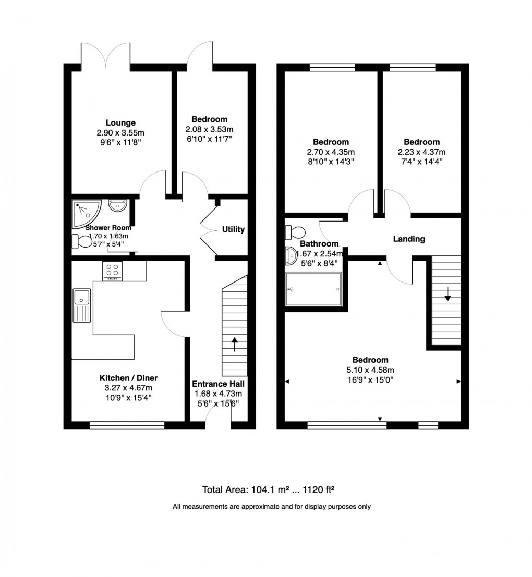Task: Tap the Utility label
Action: coord(233,229)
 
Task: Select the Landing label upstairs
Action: coord(409,239)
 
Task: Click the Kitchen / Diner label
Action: coord(128,378)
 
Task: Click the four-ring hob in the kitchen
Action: coord(112,270)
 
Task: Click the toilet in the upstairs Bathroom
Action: coord(296,230)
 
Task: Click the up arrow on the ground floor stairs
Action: coord(234,344)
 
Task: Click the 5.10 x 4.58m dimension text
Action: coord(370,370)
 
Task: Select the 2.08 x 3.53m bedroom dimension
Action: coord(209,129)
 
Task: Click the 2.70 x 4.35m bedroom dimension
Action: coord(331,152)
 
